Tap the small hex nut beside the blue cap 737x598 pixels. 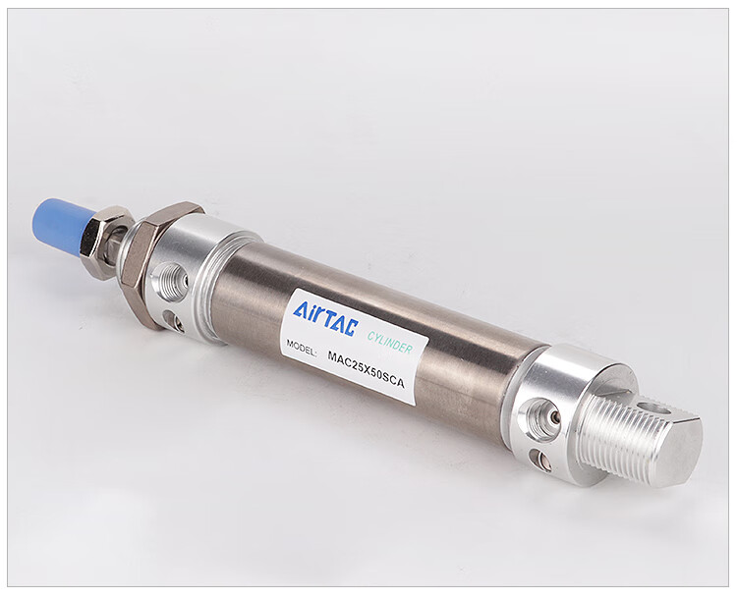click(x=103, y=239)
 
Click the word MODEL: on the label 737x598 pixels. click(x=302, y=348)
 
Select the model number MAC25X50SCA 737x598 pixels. click(x=366, y=369)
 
